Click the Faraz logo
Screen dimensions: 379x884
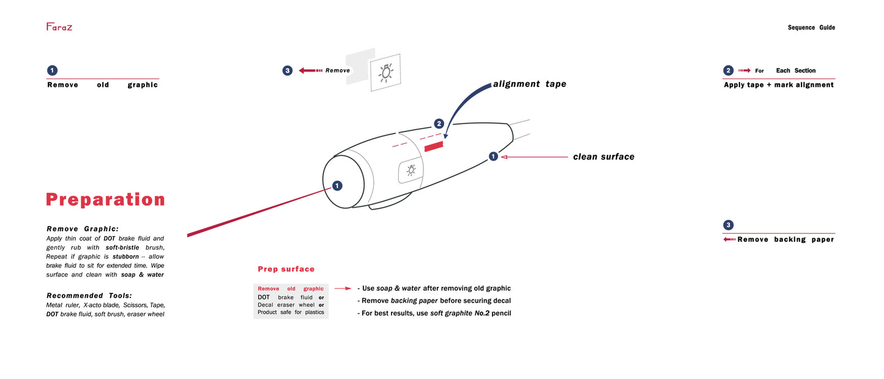pos(59,26)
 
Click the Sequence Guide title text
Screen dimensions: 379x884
pos(811,28)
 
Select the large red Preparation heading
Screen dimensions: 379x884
pos(105,200)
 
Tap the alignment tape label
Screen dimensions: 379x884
pos(529,84)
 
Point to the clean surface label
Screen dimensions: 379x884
pos(603,157)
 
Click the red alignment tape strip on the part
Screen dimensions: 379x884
pos(433,145)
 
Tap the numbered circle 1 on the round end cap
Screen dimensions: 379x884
pos(337,186)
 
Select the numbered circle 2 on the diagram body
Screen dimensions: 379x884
pos(439,124)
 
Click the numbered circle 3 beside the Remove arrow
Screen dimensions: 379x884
pos(288,70)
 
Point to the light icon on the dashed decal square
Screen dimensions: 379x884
pos(385,72)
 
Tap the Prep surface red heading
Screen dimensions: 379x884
pos(286,269)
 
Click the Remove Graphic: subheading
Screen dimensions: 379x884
pos(83,228)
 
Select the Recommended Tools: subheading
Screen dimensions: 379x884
pos(89,295)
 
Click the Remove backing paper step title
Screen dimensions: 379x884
pos(786,239)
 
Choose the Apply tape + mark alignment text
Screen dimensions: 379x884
pos(779,84)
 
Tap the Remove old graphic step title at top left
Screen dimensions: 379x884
pos(102,85)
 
